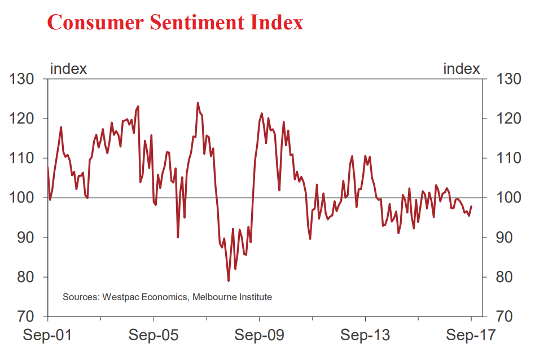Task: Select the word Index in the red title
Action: point(275,23)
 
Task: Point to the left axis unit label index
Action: point(68,69)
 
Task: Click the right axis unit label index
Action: point(462,69)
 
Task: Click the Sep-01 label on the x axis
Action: point(47,335)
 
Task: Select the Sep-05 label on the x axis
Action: point(154,335)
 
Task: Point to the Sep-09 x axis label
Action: point(260,335)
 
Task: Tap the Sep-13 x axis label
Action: point(365,335)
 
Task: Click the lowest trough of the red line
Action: point(229,280)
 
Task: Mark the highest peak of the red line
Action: point(198,103)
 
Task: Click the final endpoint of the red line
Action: point(471,207)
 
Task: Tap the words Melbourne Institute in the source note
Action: point(232,297)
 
